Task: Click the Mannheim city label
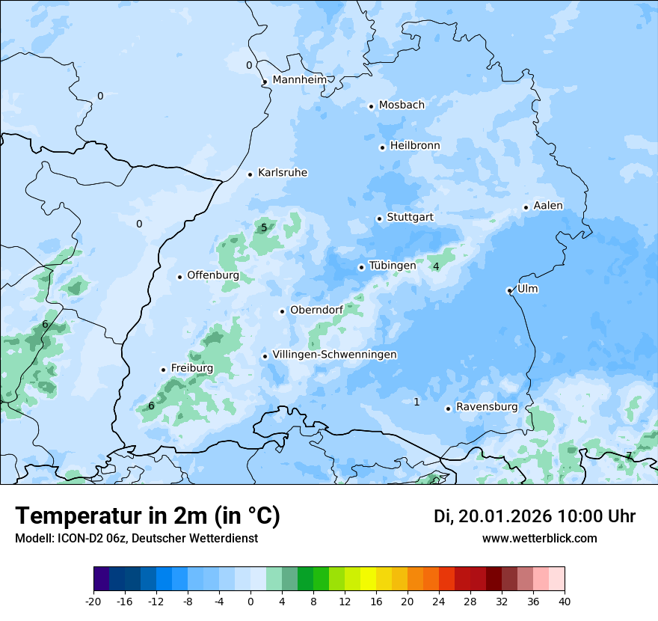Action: [x=299, y=80]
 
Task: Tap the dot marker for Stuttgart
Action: [x=379, y=218]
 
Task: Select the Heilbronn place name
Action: [x=415, y=146]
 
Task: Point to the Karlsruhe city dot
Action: [x=250, y=174]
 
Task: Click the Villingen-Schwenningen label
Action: [x=334, y=355]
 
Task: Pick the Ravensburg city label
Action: [x=486, y=407]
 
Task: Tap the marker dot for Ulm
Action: [x=509, y=290]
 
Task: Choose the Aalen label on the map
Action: [x=548, y=206]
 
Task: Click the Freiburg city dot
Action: [x=163, y=370]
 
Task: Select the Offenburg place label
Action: [x=213, y=275]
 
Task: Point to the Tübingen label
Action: [x=393, y=266]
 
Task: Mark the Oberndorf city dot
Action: [x=282, y=311]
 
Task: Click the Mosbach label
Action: [x=402, y=105]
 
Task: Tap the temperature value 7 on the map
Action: [x=629, y=456]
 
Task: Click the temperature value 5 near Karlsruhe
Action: [x=264, y=227]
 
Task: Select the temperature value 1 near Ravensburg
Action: [x=416, y=402]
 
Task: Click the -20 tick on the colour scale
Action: [x=93, y=601]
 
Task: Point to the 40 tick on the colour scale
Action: [x=565, y=601]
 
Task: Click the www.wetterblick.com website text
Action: [x=539, y=538]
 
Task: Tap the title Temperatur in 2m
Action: [x=148, y=516]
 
